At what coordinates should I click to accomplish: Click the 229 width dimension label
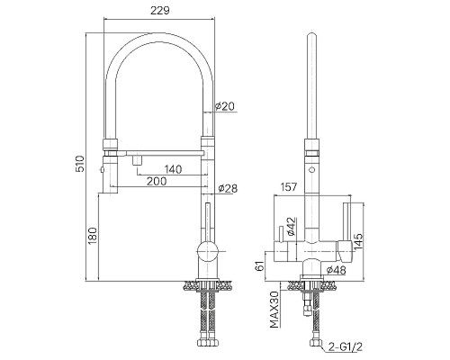coord(160,11)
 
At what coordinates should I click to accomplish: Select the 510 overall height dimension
coord(80,164)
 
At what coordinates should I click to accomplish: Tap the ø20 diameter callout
coord(225,106)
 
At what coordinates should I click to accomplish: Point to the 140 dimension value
coord(173,169)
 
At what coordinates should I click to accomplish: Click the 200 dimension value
coord(157,181)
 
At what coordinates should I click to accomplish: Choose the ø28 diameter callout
coord(228,188)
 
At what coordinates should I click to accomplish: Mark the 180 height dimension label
coord(93,236)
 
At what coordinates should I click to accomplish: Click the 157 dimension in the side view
coord(288,187)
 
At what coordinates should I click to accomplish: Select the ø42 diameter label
coord(292,227)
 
